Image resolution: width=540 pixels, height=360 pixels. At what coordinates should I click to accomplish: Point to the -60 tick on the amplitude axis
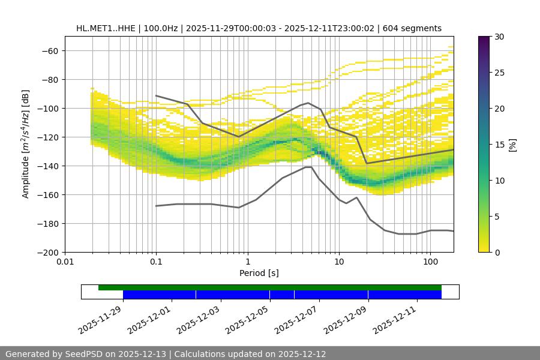(x=49, y=50)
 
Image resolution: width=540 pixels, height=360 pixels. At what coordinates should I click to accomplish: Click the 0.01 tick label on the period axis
(x=65, y=262)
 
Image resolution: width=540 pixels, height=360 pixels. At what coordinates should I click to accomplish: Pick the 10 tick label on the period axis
(x=339, y=262)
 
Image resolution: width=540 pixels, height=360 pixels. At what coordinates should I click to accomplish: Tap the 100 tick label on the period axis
(x=430, y=262)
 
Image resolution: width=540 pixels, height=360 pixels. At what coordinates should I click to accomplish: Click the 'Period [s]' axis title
(x=259, y=273)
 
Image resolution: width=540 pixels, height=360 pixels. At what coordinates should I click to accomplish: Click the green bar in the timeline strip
(x=270, y=287)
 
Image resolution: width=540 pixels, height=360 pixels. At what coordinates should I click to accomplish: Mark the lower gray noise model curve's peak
(x=308, y=167)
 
